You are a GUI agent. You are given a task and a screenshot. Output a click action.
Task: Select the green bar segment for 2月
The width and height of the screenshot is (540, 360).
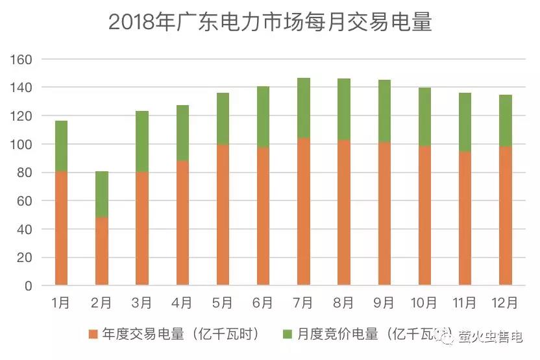coord(101,194)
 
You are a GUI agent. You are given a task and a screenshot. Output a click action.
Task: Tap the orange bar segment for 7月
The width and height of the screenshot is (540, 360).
coord(303,211)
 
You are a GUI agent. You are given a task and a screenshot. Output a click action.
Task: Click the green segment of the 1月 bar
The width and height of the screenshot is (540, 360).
coord(61,146)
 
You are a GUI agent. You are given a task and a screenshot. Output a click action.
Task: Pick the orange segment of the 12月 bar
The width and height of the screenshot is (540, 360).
coord(505,215)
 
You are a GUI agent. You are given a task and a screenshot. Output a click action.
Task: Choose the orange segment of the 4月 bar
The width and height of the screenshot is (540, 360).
coord(182,222)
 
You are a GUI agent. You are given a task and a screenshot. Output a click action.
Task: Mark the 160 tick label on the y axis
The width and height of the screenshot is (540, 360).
coord(23,59)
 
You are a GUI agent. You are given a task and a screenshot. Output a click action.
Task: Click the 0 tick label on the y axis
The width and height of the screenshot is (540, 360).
coord(28,285)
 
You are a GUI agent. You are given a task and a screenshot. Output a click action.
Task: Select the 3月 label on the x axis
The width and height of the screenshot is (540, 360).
coord(141,303)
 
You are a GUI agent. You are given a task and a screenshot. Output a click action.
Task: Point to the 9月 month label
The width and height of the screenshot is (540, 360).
coord(384,303)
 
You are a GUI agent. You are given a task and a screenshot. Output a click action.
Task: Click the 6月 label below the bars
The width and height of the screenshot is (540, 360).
coord(263,303)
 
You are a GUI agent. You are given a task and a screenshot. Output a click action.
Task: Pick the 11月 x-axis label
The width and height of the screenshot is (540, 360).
coord(465,303)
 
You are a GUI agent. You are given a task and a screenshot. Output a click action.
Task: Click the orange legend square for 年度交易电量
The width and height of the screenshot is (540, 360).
coord(93,335)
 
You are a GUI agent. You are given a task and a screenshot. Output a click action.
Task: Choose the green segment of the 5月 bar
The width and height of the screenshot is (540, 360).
coord(223,119)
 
